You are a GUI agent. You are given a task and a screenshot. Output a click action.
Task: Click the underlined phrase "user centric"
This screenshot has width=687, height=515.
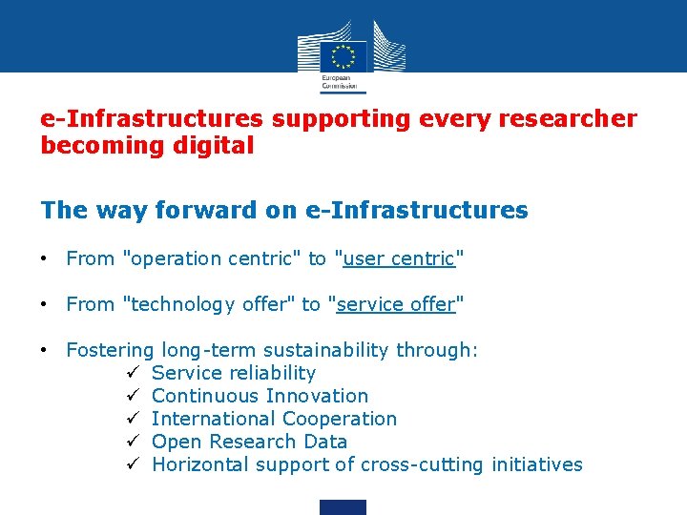pyautogui.click(x=400, y=258)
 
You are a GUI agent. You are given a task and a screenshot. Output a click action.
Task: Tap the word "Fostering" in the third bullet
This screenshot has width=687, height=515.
pyautogui.click(x=110, y=350)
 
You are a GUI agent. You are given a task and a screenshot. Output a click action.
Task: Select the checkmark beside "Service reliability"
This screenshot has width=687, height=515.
pyautogui.click(x=135, y=373)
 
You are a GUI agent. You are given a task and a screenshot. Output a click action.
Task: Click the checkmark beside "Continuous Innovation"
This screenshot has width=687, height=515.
pyautogui.click(x=135, y=396)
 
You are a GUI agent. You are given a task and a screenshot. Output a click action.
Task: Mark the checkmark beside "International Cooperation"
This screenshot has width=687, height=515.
pyautogui.click(x=135, y=419)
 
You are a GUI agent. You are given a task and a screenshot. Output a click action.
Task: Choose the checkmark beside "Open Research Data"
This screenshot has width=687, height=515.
pyautogui.click(x=135, y=442)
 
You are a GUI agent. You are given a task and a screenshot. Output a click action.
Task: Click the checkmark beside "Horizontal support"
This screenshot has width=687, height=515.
pyautogui.click(x=135, y=464)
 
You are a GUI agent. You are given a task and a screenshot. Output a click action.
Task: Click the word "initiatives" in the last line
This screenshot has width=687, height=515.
pyautogui.click(x=536, y=464)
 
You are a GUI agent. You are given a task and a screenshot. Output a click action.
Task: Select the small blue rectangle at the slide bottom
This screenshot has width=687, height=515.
pyautogui.click(x=343, y=507)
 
